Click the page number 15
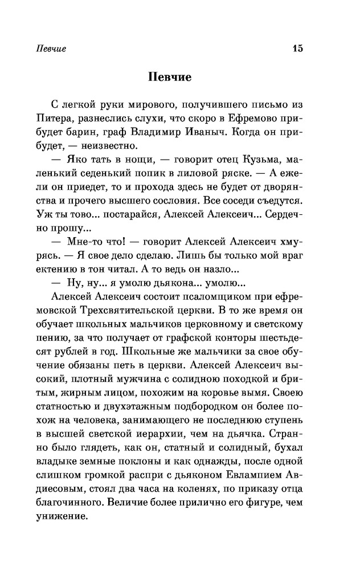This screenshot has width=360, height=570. pos(297,48)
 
